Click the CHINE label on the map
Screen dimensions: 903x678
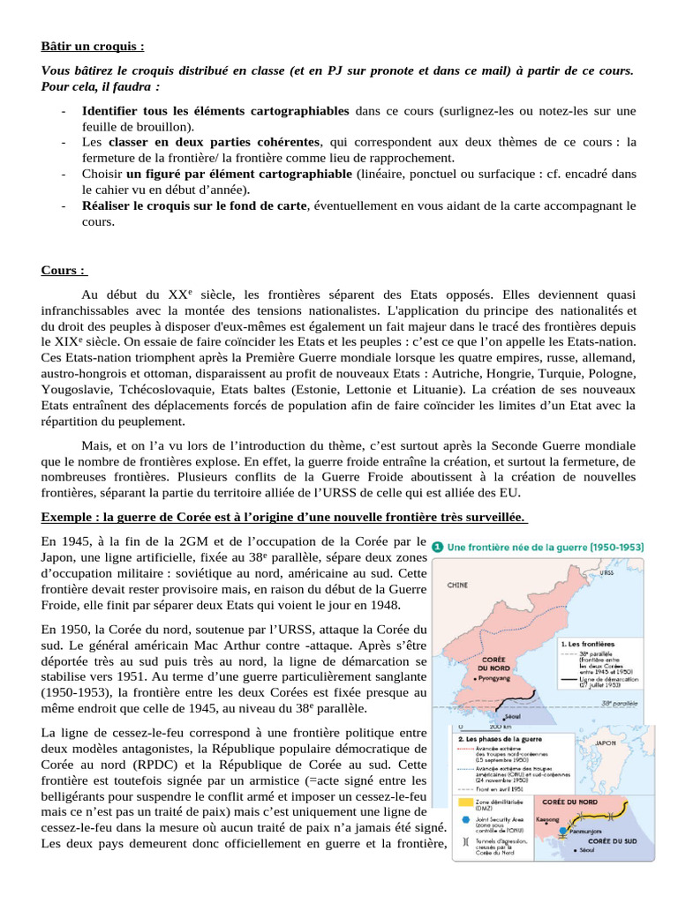(x=457, y=584)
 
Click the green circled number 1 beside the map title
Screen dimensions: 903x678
(x=438, y=546)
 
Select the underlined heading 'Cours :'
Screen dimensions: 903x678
(x=64, y=269)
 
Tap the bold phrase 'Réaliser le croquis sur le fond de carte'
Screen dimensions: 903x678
(x=194, y=205)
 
